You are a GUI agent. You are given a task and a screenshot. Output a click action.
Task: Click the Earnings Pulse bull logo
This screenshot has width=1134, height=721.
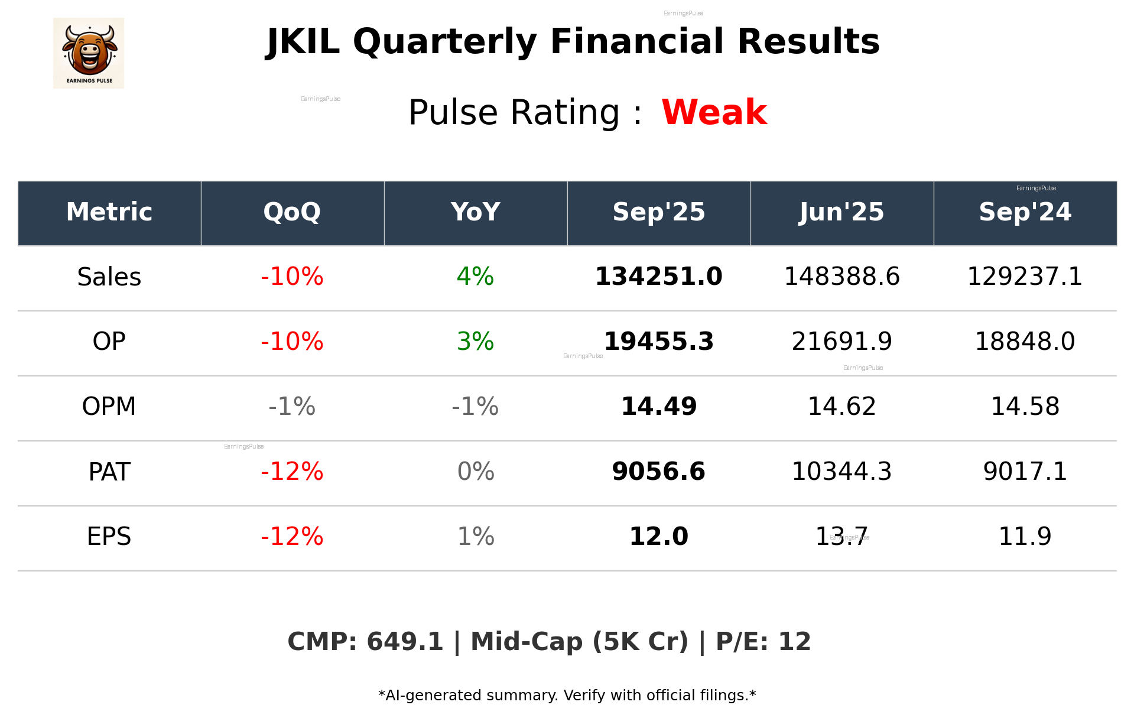click(89, 53)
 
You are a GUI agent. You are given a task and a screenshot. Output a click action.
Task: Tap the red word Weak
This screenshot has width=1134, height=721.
click(714, 112)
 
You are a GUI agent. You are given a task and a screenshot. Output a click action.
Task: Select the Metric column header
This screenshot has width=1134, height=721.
click(109, 212)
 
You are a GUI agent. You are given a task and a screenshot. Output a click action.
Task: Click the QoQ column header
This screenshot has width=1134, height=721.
click(292, 212)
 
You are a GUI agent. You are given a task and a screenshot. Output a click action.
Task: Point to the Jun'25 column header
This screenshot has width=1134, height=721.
click(841, 212)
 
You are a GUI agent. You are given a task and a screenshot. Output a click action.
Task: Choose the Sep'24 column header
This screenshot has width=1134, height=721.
click(1025, 212)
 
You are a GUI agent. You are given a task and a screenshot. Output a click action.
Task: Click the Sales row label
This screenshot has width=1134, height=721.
click(109, 277)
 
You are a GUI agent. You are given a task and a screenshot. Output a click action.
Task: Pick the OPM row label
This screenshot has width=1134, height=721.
click(109, 407)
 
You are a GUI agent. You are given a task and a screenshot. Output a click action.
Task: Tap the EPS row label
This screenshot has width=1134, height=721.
click(109, 537)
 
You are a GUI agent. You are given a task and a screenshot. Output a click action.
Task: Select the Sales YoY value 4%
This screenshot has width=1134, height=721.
click(475, 277)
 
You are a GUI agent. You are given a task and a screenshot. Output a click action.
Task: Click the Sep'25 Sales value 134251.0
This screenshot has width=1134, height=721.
click(658, 277)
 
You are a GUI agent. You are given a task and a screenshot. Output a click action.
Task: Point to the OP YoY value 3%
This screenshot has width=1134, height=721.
click(475, 342)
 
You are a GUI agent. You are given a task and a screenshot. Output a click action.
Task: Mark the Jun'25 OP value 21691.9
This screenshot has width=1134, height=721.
click(841, 342)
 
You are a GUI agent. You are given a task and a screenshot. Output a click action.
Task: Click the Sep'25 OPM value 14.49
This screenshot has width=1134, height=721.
click(658, 407)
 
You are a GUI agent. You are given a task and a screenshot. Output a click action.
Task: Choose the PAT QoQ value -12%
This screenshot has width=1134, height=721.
click(292, 472)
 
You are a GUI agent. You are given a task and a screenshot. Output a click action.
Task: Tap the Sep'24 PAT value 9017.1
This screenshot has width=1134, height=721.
click(1025, 472)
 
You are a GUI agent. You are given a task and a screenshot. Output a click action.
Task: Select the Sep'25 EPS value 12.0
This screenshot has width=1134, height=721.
click(658, 537)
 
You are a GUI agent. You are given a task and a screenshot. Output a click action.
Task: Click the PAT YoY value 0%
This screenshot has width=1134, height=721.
click(475, 472)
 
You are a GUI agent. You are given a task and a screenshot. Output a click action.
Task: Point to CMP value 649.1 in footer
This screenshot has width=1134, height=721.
click(405, 642)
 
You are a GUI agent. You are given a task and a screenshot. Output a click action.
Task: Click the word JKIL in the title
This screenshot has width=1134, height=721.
click(303, 42)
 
